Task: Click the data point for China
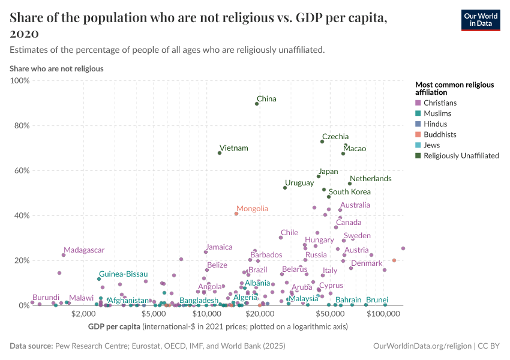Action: coord(257,104)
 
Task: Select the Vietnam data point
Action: coord(220,153)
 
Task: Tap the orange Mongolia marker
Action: coord(236,214)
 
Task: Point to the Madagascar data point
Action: coord(64,255)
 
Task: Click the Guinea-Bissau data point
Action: coord(99,279)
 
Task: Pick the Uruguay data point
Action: coord(285,188)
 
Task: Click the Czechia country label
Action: coord(335,137)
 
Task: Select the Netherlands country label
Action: coord(370,179)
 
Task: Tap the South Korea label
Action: coord(349,192)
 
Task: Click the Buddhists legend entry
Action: coord(440,134)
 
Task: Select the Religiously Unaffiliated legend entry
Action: coord(461,155)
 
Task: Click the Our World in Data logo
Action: coord(480,20)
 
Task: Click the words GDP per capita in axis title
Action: coord(113,326)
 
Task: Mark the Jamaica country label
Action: coord(218,247)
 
